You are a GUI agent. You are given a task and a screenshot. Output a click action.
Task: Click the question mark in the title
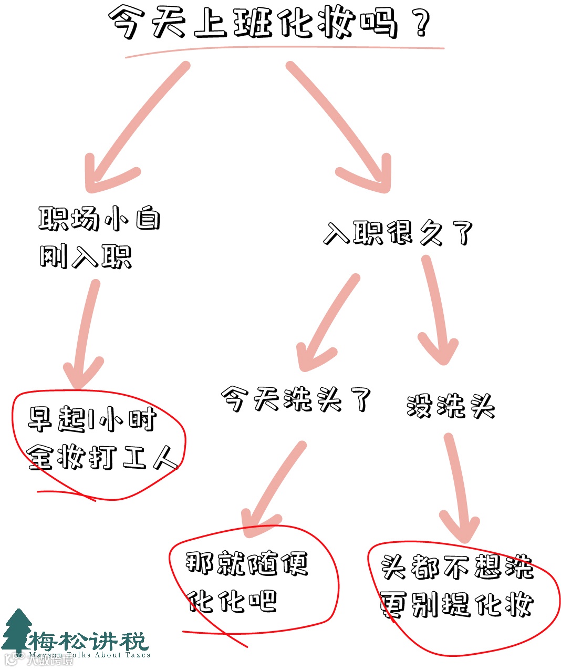coord(420,24)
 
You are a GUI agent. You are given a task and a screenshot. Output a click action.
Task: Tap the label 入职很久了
coord(398,233)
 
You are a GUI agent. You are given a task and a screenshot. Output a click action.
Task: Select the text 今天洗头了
coord(296,399)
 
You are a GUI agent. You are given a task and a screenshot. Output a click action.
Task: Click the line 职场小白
coord(99,218)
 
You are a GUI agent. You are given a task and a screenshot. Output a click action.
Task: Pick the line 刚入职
coord(86,256)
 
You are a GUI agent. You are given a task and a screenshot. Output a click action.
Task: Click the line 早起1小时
coord(92,419)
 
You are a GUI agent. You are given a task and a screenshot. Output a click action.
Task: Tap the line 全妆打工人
coord(102,457)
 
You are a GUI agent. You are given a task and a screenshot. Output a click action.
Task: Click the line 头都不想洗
coord(456,567)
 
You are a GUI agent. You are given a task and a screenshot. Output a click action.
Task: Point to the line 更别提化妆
coord(456,604)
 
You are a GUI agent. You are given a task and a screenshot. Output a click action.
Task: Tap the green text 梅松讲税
coord(88,642)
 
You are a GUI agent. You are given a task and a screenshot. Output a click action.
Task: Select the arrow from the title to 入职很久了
coord(341,121)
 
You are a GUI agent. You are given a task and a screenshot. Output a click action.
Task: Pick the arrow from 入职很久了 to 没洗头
coord(436,310)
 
